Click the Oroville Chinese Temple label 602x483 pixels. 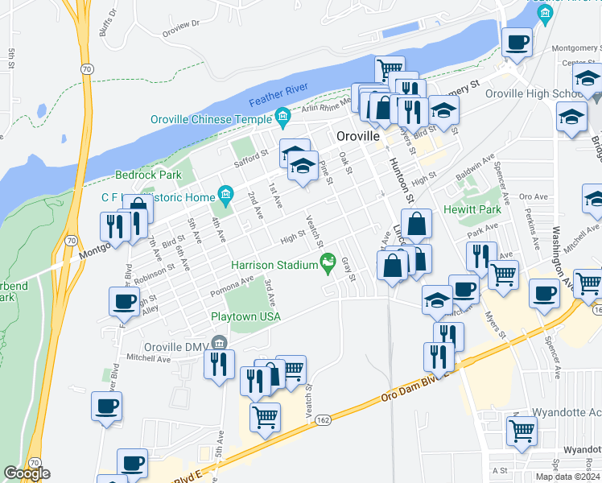pos(212,119)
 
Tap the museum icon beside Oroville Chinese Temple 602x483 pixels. pos(282,119)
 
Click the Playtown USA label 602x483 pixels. pos(245,316)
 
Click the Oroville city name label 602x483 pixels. pos(358,136)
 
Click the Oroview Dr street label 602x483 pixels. pos(179,28)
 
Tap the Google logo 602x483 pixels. pos(27,473)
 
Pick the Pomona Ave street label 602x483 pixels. pos(232,286)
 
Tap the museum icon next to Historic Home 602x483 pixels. pos(225,196)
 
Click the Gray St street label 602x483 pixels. pos(348,270)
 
